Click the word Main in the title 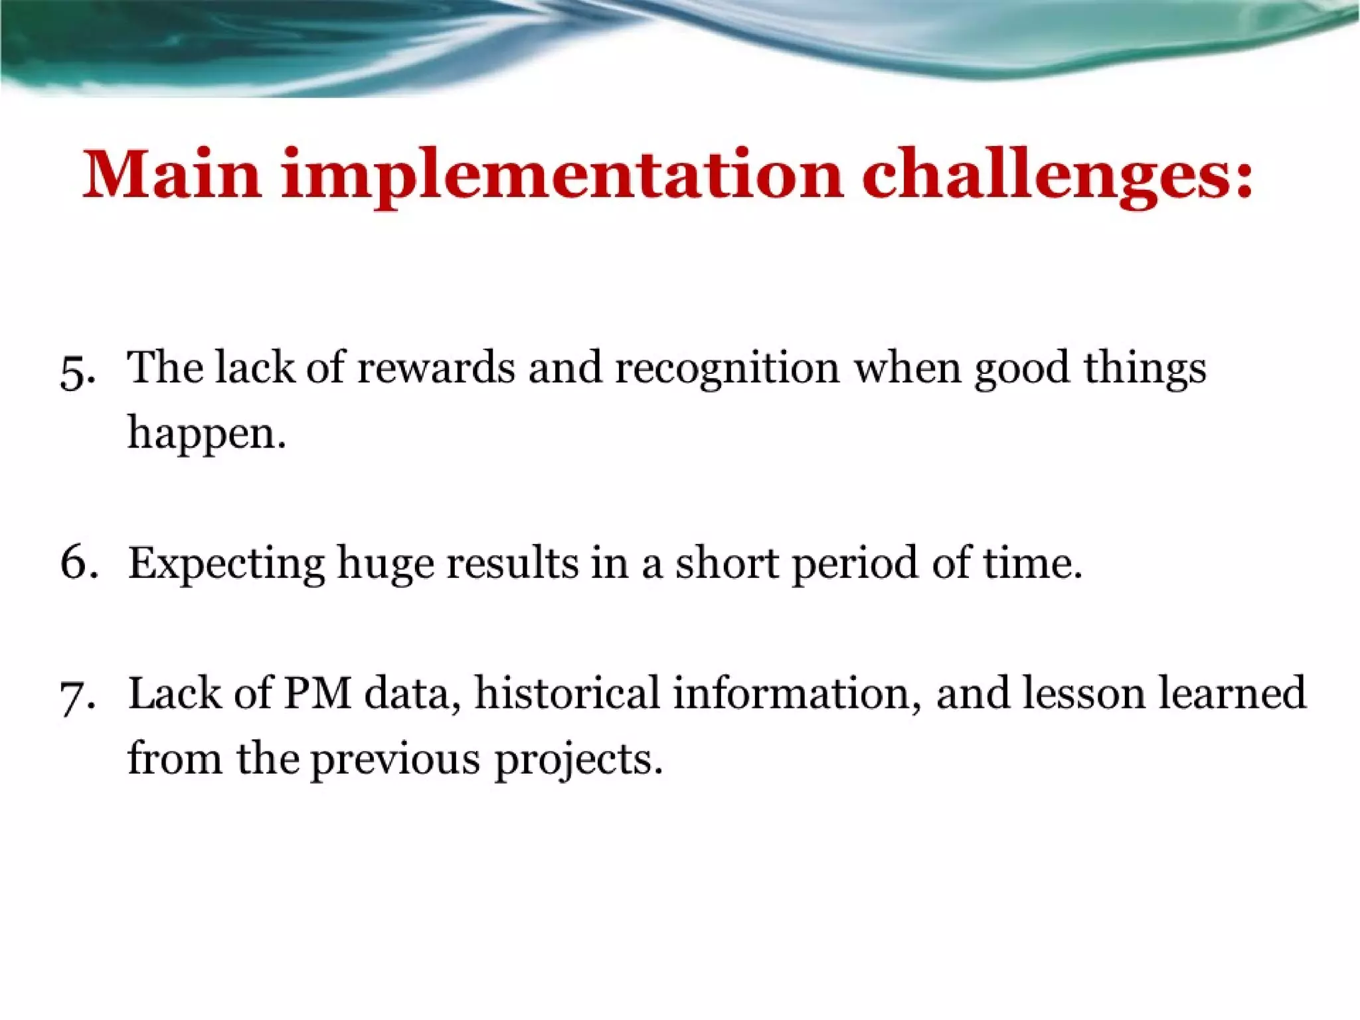pos(171,174)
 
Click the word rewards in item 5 pos(436,367)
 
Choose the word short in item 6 pos(726,562)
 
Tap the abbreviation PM pos(317,693)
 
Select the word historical pos(567,693)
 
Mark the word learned pos(1232,693)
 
